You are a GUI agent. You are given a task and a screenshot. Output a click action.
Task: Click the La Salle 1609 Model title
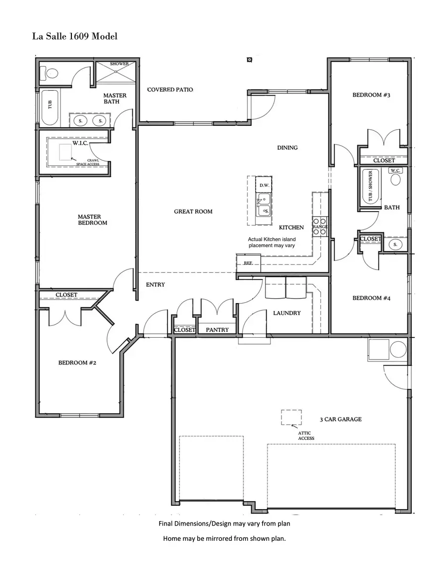point(75,36)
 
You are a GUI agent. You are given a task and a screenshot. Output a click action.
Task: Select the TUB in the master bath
point(50,106)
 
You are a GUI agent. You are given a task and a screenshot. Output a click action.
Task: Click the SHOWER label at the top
point(119,64)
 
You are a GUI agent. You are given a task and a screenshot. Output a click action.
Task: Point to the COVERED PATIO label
point(170,90)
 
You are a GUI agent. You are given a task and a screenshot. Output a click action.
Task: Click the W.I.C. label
point(80,143)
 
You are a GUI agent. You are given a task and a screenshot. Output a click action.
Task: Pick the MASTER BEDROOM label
point(92,219)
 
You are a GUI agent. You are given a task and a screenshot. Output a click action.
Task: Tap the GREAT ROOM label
point(193,211)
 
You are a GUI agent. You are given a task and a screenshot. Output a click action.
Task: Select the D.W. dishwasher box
point(264,185)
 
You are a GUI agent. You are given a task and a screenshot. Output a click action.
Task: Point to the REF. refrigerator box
point(248,263)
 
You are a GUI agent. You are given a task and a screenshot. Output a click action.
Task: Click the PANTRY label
point(217,330)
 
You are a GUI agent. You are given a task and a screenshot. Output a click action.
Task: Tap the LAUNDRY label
point(286,313)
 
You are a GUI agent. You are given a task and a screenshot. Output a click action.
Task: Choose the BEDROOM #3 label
point(371,95)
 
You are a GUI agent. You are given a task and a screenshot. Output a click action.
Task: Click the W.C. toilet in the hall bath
point(395,177)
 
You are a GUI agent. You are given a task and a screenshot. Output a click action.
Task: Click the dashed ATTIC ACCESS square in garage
point(291,417)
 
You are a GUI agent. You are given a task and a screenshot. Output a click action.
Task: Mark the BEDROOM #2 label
point(77,363)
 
